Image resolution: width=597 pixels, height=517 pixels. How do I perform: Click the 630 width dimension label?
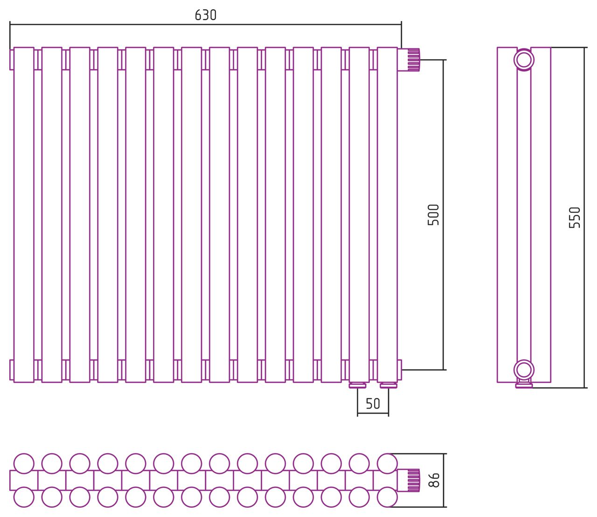205,15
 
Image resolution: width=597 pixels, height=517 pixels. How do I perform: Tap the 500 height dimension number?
433,215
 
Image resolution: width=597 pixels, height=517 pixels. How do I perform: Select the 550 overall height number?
575,218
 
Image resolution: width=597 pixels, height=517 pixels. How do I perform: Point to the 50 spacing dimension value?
373,404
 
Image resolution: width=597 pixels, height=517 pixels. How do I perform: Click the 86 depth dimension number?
434,480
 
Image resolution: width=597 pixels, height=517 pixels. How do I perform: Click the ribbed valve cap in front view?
414,60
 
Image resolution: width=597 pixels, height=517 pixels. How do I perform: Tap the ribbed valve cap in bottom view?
414,480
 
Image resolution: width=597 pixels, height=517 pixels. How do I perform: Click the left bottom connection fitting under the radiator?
358,386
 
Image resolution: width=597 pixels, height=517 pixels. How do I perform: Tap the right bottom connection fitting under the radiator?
389,386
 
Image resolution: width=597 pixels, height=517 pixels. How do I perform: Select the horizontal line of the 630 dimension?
205,25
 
